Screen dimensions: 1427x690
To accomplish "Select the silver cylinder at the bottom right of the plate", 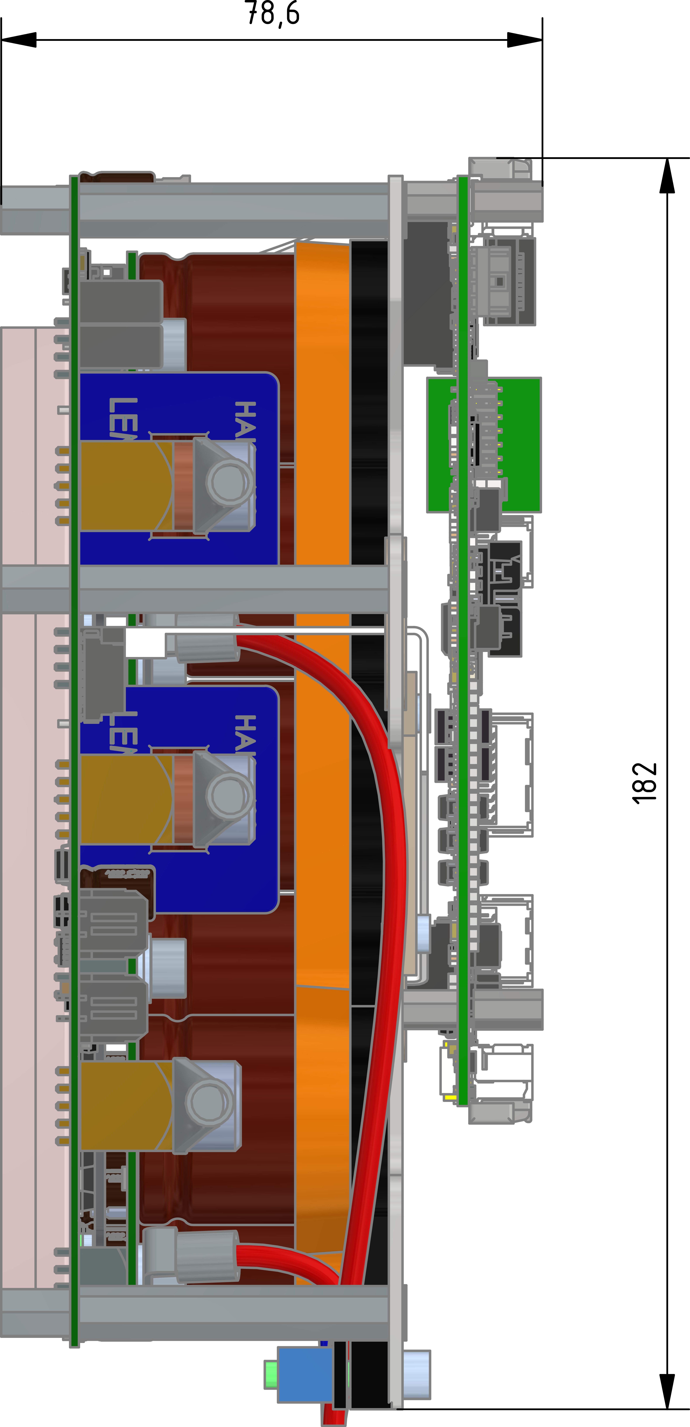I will [x=417, y=1374].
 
